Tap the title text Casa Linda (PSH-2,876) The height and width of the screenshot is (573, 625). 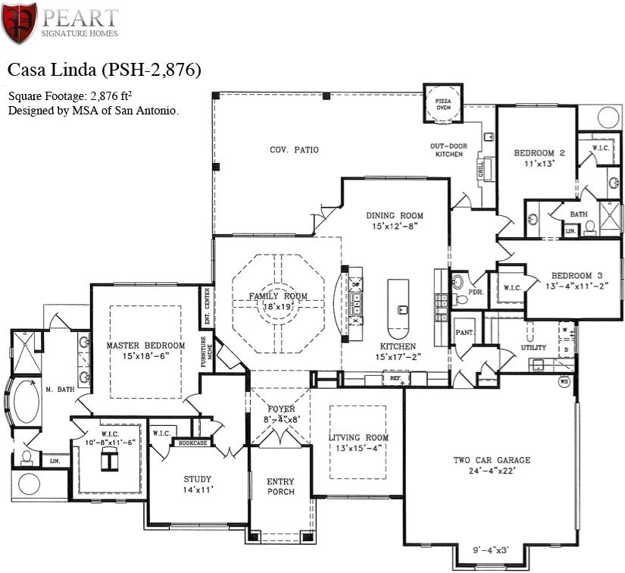(104, 70)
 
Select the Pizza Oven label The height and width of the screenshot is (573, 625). (443, 104)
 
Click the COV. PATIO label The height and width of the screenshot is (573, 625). (294, 150)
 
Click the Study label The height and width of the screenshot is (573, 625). (197, 479)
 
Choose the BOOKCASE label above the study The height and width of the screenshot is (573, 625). (192, 443)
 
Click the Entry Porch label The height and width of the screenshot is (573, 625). (280, 487)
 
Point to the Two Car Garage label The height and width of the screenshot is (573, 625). (492, 460)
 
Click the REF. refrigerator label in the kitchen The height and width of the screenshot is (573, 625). (395, 377)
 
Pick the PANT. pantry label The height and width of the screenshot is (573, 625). (464, 332)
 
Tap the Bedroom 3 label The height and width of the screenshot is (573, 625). (577, 275)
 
